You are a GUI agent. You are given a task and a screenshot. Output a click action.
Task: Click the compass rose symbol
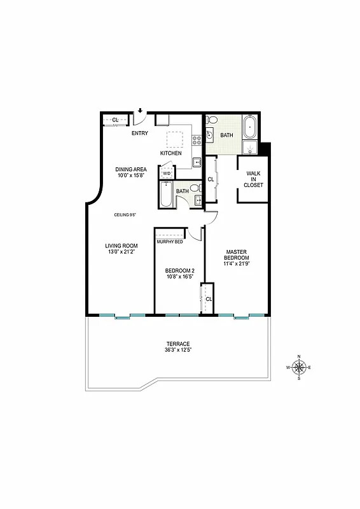point(298,367)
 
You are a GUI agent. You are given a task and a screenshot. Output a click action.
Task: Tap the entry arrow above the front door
point(140,111)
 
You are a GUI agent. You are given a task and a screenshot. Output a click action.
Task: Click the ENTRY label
point(140,133)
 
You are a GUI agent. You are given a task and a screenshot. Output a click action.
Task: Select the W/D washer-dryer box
point(167,173)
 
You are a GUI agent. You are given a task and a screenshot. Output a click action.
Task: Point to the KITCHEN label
point(170,153)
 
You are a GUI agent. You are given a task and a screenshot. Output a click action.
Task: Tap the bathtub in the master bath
point(251,126)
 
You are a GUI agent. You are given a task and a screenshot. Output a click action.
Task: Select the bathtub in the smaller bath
point(166,195)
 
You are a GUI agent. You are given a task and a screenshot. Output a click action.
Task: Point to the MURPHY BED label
point(170,242)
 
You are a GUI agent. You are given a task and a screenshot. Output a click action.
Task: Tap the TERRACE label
point(179,344)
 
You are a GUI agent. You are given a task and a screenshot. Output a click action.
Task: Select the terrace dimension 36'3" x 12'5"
point(179,351)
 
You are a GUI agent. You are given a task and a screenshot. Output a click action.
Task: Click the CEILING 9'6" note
point(126,214)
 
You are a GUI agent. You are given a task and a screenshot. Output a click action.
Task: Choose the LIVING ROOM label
point(121,246)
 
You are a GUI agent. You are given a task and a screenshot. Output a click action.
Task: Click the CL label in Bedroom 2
point(209,299)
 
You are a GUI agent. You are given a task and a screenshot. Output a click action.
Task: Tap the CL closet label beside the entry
point(115,120)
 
